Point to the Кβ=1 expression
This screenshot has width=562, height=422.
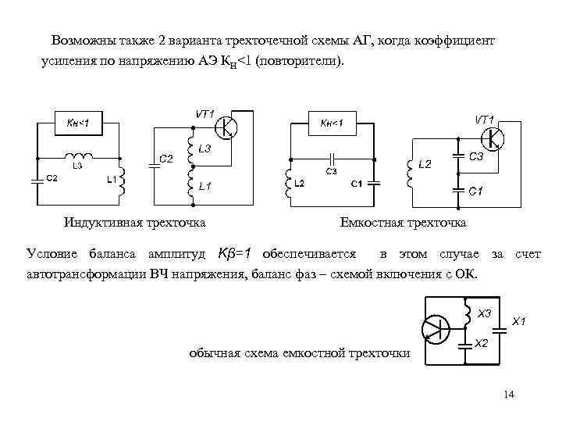[235, 254]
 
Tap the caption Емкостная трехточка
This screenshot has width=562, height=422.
[403, 223]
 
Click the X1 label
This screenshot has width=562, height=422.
[518, 321]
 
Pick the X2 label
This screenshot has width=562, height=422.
[482, 343]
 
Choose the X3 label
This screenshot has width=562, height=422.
[484, 313]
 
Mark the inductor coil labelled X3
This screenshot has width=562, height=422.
[466, 315]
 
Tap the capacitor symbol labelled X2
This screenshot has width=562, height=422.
[466, 342]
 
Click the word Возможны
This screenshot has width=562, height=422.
[83, 39]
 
